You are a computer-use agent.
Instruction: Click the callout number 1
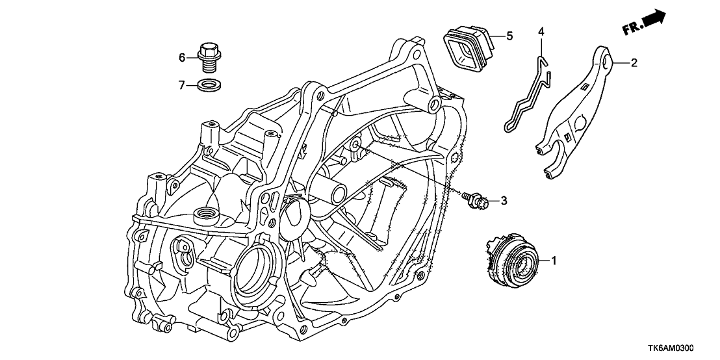[x=554, y=261]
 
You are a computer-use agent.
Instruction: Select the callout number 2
[x=634, y=63]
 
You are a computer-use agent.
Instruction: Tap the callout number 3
[x=504, y=201]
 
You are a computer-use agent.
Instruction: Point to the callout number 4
[x=541, y=31]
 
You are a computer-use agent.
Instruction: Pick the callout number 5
[x=509, y=36]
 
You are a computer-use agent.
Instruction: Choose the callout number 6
[x=183, y=57]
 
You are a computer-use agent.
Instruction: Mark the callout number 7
[x=183, y=84]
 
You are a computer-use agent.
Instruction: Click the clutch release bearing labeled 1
[x=513, y=263]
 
